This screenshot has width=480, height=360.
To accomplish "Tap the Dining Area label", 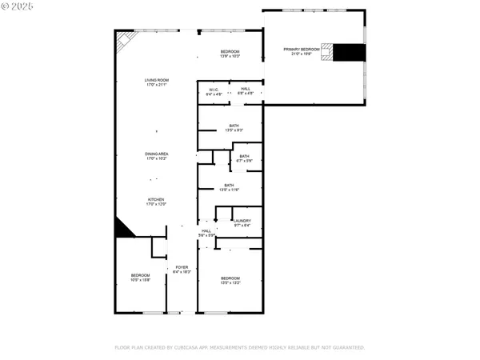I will coord(156,156).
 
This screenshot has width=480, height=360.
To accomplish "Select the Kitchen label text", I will coord(156,202).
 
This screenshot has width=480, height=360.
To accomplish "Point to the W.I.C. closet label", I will coord(214,91).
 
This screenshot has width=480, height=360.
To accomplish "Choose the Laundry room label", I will coord(242,223).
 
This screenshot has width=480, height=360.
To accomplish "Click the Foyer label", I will coord(182,270).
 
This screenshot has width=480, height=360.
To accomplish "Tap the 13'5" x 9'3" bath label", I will coord(234,127).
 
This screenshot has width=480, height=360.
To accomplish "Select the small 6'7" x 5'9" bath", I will coord(244,158).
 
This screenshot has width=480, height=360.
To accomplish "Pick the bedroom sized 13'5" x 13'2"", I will coord(230,280).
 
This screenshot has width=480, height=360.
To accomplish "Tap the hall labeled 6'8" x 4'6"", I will coord(246,91).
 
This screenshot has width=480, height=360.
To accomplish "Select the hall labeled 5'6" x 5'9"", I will coord(206,233).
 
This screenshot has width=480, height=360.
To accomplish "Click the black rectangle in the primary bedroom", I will coord(348,53).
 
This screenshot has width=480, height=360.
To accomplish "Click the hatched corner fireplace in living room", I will coord(124,40).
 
